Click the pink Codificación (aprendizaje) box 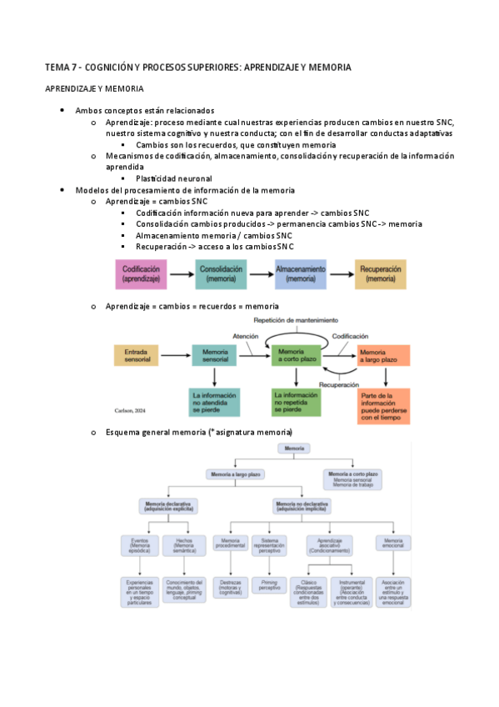coord(141,274)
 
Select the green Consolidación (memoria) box coord(221,274)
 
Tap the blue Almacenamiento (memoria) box coord(301,274)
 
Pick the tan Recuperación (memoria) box coord(381,274)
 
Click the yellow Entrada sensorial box coord(136,356)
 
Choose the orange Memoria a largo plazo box coord(383,356)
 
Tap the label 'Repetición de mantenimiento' coord(298,319)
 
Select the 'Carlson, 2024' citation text coord(130,410)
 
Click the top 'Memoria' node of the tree coord(294,449)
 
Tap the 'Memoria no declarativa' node coord(302,506)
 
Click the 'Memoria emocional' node coord(392,544)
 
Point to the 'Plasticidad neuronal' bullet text coord(173,178)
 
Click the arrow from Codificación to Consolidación coord(182,274)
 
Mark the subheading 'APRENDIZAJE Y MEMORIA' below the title coord(93,88)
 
